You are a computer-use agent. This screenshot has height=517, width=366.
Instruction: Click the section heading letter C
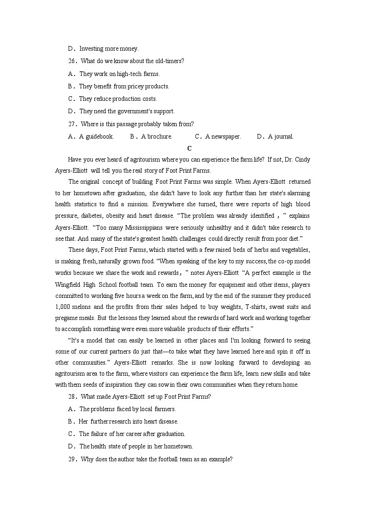[x=189, y=148]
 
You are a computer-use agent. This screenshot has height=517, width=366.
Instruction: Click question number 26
[x=72, y=61]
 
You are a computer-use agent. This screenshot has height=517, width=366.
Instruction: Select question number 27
[x=72, y=124]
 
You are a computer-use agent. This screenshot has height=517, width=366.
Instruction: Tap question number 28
[x=72, y=396]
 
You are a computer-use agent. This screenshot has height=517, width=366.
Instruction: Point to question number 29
[x=72, y=459]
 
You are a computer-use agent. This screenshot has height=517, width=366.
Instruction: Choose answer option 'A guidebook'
[x=96, y=136]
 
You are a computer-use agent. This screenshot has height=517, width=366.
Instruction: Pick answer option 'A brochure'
[x=157, y=136]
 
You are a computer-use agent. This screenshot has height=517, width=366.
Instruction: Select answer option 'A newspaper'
[x=223, y=136]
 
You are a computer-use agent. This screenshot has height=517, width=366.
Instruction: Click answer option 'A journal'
[x=281, y=136]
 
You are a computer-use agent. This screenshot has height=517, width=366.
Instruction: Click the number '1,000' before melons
[x=62, y=307]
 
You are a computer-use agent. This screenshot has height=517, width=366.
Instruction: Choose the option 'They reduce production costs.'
[x=118, y=99]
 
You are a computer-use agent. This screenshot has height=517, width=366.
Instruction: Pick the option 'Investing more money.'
[x=109, y=49]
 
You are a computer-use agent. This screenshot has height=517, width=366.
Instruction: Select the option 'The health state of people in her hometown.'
[x=136, y=447]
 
